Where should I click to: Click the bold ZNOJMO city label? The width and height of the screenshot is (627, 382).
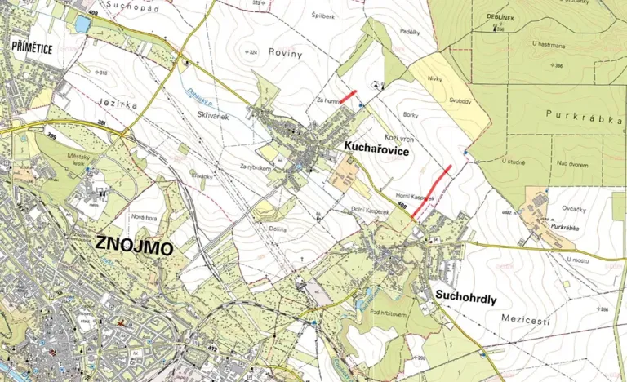click(133, 244)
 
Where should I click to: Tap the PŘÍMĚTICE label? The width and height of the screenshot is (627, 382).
click(33, 49)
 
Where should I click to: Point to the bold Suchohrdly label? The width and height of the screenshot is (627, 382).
click(465, 296)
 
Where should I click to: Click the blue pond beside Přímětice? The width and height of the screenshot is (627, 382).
click(82, 24)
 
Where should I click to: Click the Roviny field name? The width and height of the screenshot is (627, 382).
click(289, 54)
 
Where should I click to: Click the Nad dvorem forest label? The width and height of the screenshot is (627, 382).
click(574, 163)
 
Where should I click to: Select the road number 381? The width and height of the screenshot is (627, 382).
click(101, 123)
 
